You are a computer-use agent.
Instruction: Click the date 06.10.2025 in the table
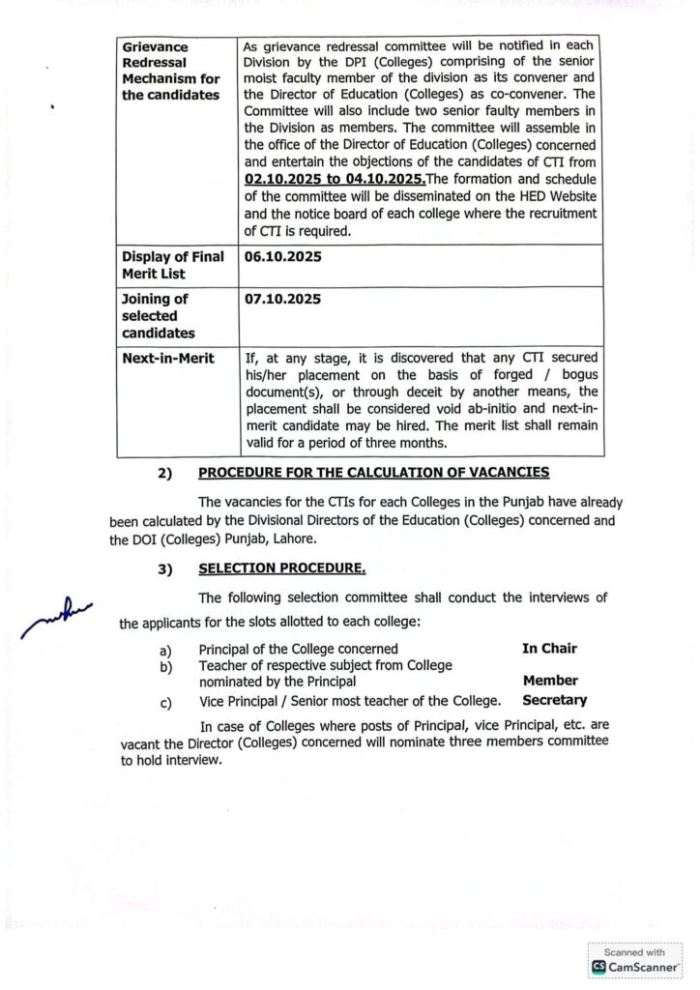(x=283, y=257)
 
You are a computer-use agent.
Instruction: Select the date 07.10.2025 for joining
(x=283, y=299)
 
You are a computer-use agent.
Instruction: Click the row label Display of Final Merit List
(x=172, y=265)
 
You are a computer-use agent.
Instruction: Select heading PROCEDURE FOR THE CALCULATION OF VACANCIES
(x=373, y=472)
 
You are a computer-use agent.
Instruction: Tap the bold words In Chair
(x=549, y=648)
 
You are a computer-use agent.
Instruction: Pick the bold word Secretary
(x=554, y=700)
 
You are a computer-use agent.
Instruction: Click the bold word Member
(x=550, y=681)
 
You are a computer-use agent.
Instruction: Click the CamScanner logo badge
(x=635, y=966)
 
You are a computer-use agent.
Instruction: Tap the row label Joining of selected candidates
(x=160, y=315)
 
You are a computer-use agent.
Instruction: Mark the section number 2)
(x=164, y=473)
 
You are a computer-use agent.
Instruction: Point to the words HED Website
(x=520, y=196)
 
